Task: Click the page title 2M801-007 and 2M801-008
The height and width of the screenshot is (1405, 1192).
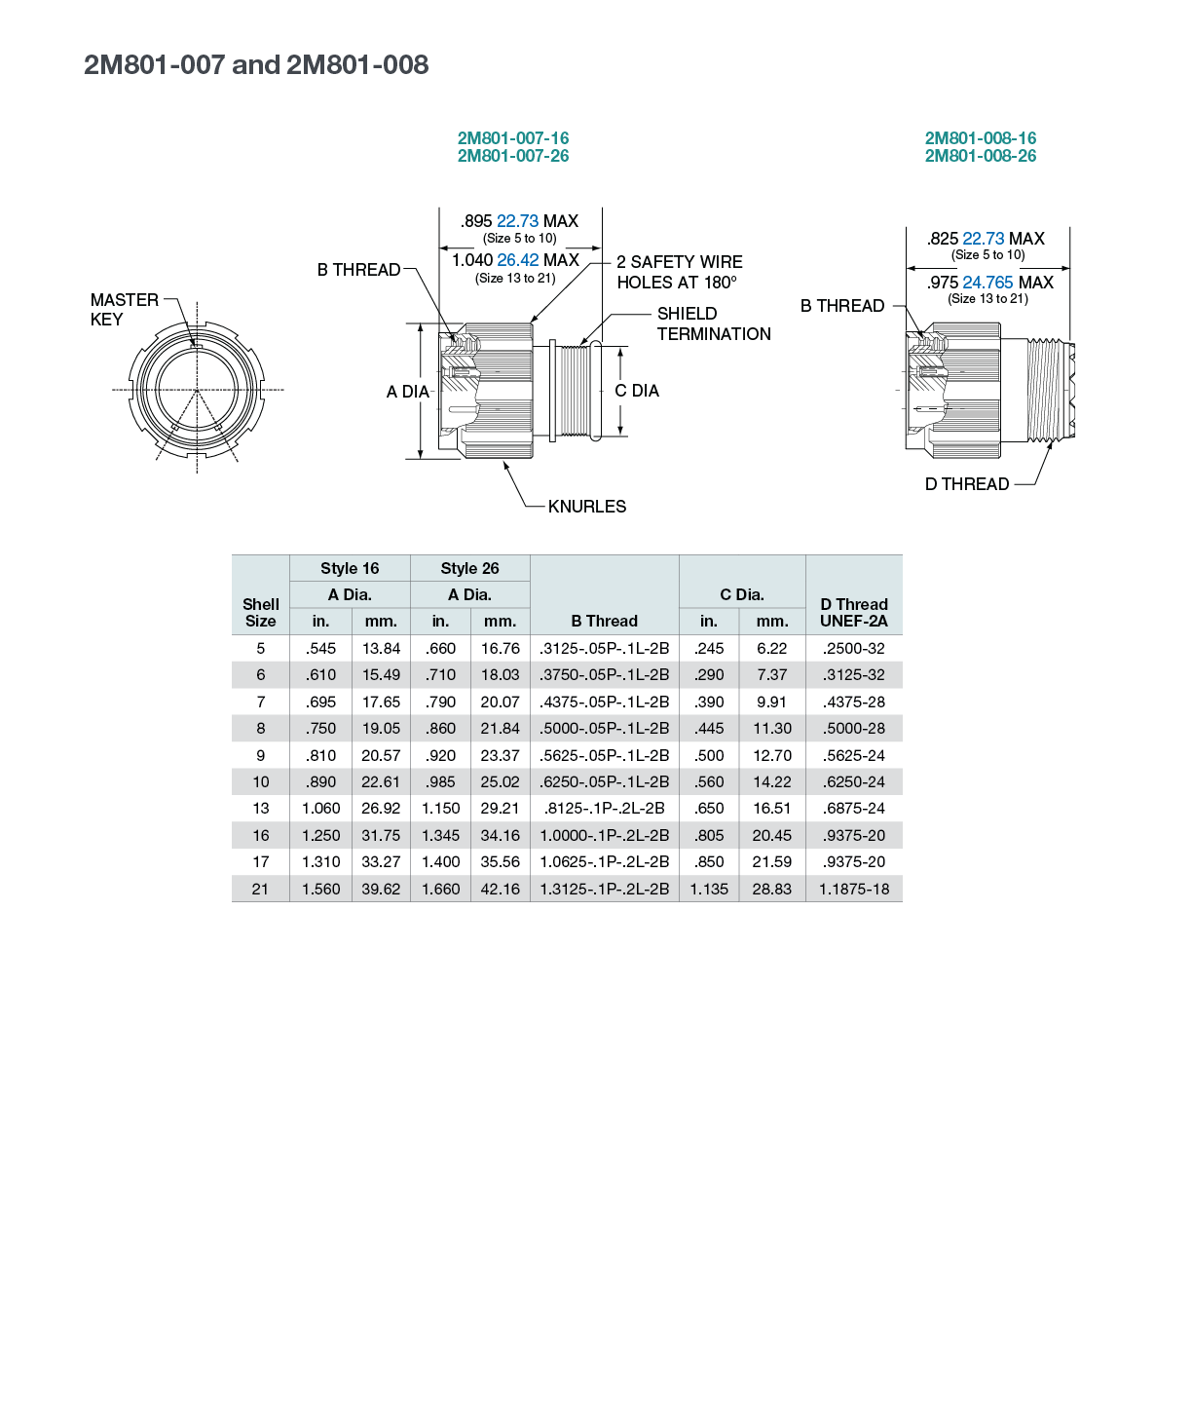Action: [255, 64]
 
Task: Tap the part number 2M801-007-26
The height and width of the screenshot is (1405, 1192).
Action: [513, 156]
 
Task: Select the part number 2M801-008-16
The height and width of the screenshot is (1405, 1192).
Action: [980, 138]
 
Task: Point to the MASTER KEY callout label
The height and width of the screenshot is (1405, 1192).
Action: [125, 309]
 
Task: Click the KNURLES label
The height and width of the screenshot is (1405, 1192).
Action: [587, 507]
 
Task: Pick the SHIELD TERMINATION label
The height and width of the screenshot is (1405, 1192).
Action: [714, 323]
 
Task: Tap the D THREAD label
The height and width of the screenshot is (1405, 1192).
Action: [966, 484]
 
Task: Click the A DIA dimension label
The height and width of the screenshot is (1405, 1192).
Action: [408, 392]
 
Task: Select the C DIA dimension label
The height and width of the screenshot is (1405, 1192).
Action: [637, 391]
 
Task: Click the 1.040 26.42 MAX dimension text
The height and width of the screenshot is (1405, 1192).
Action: [516, 259]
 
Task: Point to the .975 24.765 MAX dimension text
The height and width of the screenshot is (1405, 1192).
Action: [989, 283]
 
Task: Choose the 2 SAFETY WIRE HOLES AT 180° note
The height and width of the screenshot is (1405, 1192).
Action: [680, 272]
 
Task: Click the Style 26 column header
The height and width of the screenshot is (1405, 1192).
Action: [469, 568]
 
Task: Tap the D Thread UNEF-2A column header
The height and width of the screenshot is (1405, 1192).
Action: [853, 613]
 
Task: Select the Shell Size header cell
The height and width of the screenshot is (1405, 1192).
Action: [260, 613]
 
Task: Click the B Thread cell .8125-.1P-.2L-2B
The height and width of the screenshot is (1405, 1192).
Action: [604, 808]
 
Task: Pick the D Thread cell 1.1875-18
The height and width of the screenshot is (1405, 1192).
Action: [853, 889]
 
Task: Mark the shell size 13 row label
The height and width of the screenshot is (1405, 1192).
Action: [260, 808]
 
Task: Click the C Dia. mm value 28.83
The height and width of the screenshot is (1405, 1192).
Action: [771, 889]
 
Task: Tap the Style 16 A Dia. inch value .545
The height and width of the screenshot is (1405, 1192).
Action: [320, 649]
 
